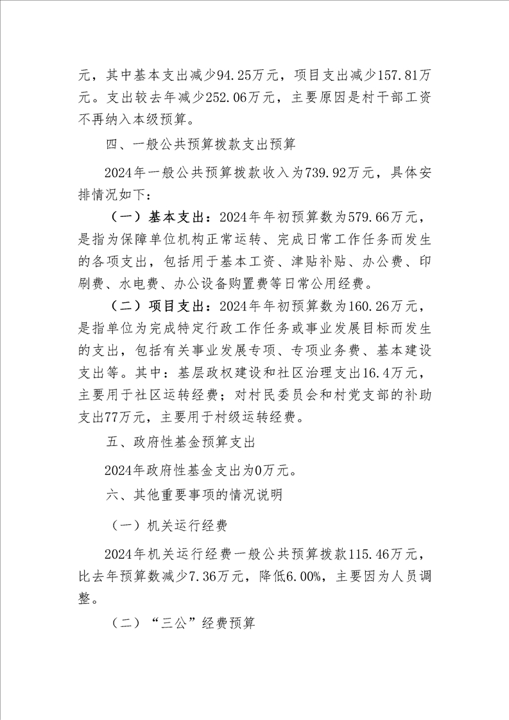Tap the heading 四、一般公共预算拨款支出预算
click(200, 144)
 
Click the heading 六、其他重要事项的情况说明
click(193, 496)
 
